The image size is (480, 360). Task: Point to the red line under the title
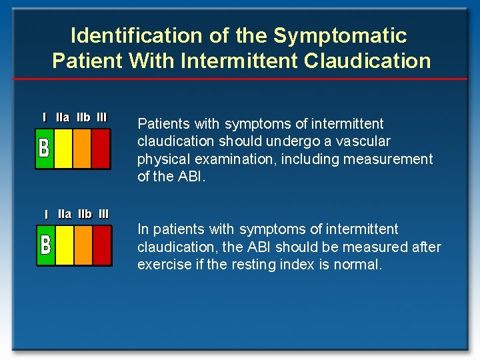click(x=240, y=79)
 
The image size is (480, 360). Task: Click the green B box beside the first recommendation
click(x=44, y=147)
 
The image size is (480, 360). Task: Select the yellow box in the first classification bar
click(x=63, y=147)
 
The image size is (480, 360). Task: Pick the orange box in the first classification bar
click(x=82, y=147)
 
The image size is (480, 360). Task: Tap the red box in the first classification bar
click(x=101, y=147)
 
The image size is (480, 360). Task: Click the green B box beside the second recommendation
click(x=45, y=245)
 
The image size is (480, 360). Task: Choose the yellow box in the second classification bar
click(x=65, y=245)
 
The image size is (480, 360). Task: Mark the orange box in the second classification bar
click(x=83, y=245)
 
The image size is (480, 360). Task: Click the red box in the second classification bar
click(x=102, y=245)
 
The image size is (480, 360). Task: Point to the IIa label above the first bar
click(x=63, y=117)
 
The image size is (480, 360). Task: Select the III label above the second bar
click(x=103, y=214)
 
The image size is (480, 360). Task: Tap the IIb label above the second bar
click(x=85, y=214)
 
